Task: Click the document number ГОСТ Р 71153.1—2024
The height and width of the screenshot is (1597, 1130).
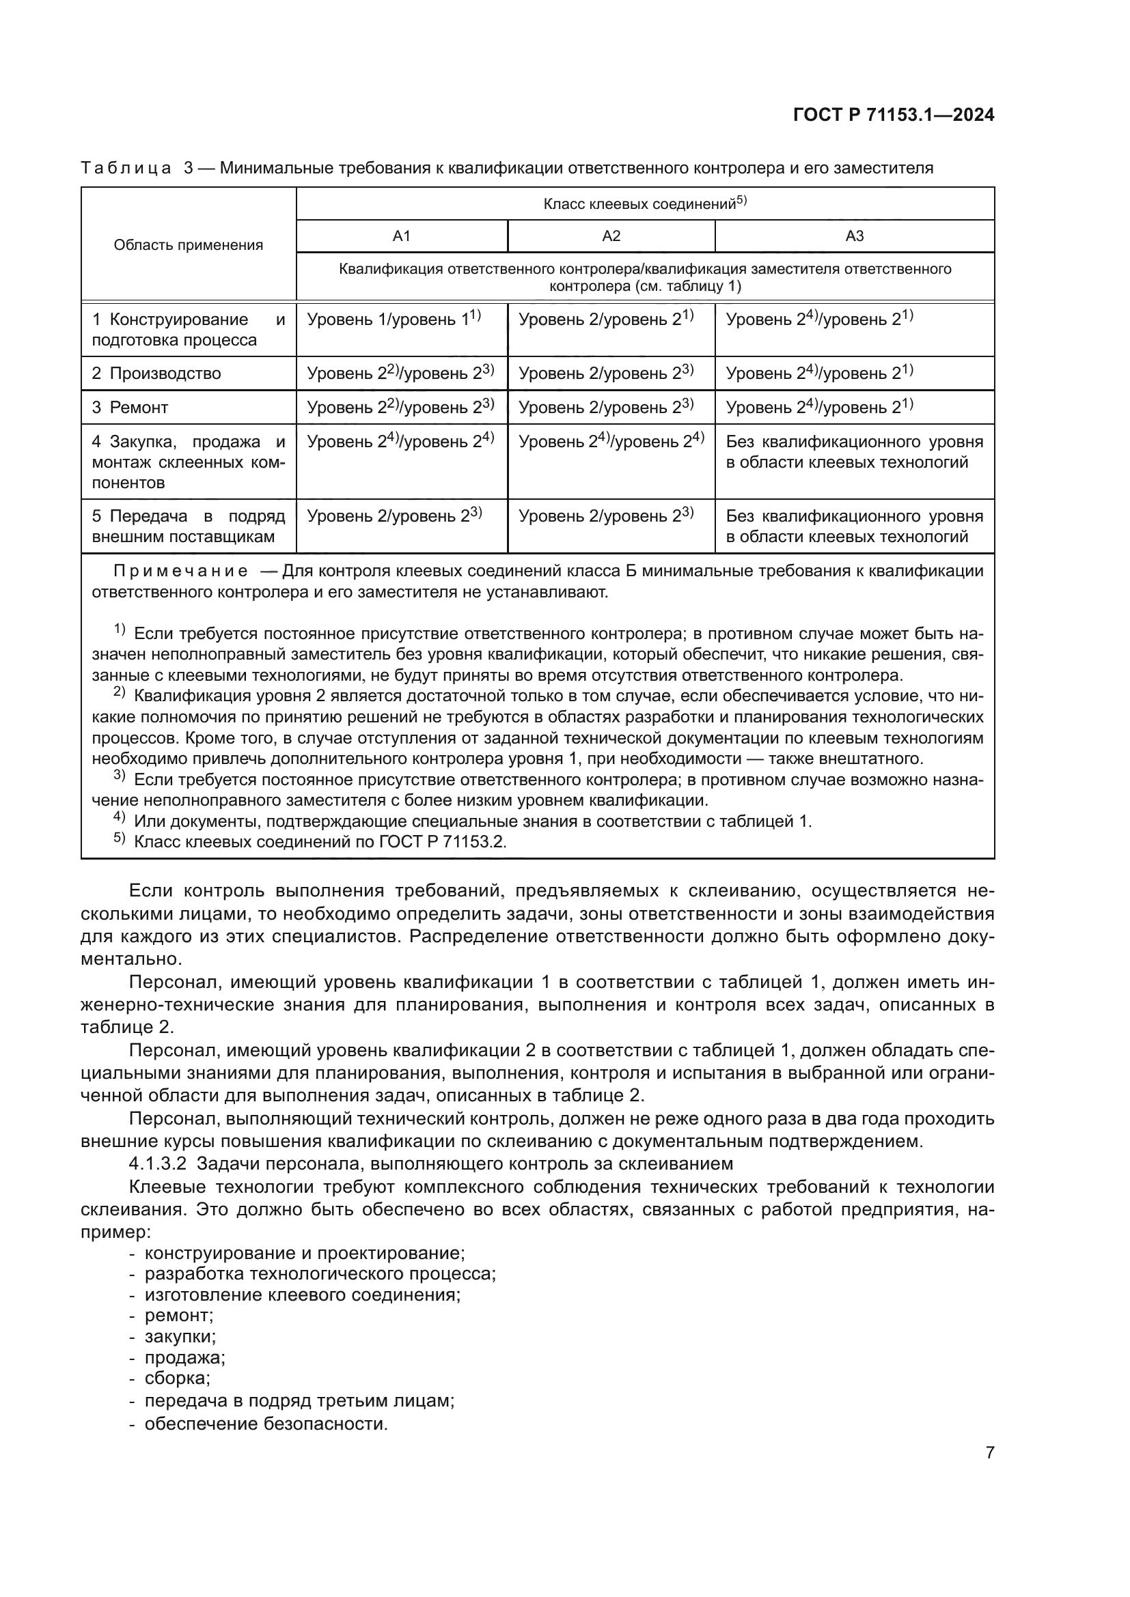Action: point(893,115)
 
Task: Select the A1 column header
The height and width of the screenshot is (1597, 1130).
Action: point(402,236)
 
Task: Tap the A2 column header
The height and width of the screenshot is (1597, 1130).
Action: point(611,236)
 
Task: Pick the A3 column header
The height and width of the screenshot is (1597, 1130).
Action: point(854,236)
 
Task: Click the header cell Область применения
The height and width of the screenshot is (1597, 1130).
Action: point(188,245)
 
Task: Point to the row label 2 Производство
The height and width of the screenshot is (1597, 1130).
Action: point(156,373)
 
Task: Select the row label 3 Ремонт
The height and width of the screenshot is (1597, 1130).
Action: point(130,408)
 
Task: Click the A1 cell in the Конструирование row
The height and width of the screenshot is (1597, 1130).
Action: point(394,320)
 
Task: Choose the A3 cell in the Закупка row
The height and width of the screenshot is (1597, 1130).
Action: point(854,452)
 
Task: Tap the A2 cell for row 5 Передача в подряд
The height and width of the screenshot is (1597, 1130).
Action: point(605,516)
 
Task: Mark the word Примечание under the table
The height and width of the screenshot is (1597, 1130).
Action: point(180,571)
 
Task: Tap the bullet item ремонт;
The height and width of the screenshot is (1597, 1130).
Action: point(178,1315)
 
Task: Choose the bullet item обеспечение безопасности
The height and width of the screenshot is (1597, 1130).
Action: point(265,1424)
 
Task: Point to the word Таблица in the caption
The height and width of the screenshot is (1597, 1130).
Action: point(126,169)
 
